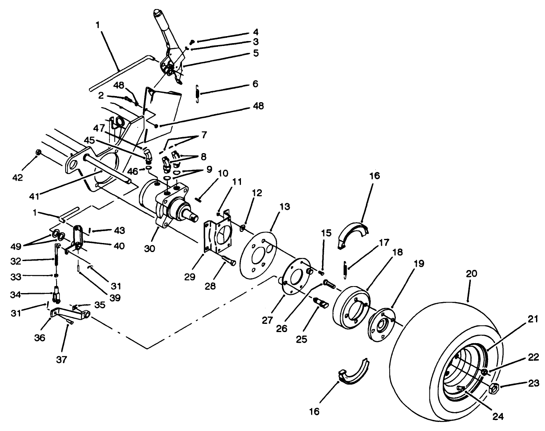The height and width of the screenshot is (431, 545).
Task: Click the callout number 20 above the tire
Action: tap(471, 274)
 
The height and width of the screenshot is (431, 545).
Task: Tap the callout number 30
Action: tap(150, 249)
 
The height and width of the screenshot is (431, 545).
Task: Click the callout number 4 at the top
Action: tap(255, 32)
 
